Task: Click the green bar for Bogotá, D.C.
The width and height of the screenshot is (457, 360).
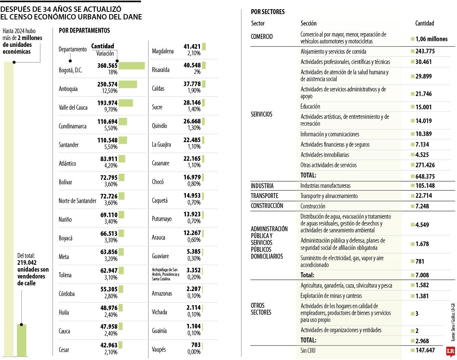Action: [131, 66]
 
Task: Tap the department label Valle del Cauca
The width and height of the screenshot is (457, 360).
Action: [73, 107]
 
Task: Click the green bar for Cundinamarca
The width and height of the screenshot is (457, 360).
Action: [123, 122]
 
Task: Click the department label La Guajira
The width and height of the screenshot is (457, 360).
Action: [161, 145]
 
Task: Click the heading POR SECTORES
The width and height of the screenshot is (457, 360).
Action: [268, 12]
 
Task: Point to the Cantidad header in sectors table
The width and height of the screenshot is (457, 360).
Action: [424, 24]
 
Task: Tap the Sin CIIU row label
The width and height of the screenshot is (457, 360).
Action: [308, 350]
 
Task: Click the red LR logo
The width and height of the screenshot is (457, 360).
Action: [450, 351]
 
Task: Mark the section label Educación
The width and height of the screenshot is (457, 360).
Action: [310, 107]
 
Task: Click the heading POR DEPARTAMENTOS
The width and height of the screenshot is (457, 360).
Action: [85, 30]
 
